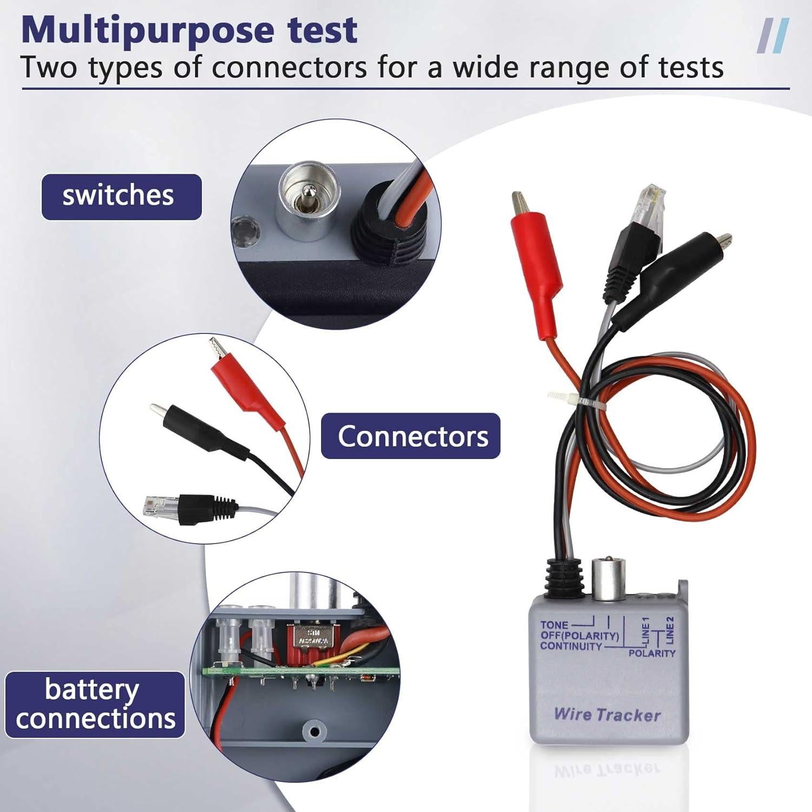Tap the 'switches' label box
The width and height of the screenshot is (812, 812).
pyautogui.click(x=121, y=196)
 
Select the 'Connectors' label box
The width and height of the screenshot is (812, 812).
pyautogui.click(x=411, y=436)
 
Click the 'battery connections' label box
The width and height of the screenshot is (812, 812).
pyautogui.click(x=95, y=704)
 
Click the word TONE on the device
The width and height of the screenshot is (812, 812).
pyautogui.click(x=554, y=625)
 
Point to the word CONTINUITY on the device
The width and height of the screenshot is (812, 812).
pyautogui.click(x=571, y=646)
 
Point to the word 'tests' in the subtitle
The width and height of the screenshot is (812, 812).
pyautogui.click(x=692, y=69)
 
